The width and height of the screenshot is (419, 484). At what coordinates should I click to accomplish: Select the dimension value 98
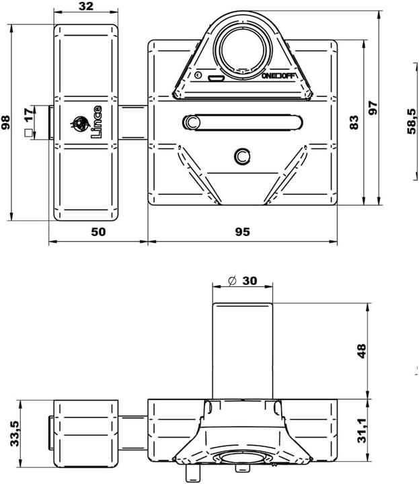point(6,122)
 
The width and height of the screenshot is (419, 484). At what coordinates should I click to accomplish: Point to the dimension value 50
point(98,231)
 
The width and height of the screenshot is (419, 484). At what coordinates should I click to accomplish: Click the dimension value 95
point(242,231)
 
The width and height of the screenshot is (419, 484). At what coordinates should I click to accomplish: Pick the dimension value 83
point(354,122)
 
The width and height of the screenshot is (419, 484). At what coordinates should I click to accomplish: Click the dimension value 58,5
point(412,121)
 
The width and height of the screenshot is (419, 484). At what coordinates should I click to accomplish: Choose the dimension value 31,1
point(362,432)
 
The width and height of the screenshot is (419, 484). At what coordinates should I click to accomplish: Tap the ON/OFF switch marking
point(278,76)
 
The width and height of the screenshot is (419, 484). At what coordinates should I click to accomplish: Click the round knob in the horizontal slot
point(192,122)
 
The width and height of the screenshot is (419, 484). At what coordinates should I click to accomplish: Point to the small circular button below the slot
point(241,157)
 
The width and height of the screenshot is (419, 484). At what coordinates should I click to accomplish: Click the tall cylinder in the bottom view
point(243,350)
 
